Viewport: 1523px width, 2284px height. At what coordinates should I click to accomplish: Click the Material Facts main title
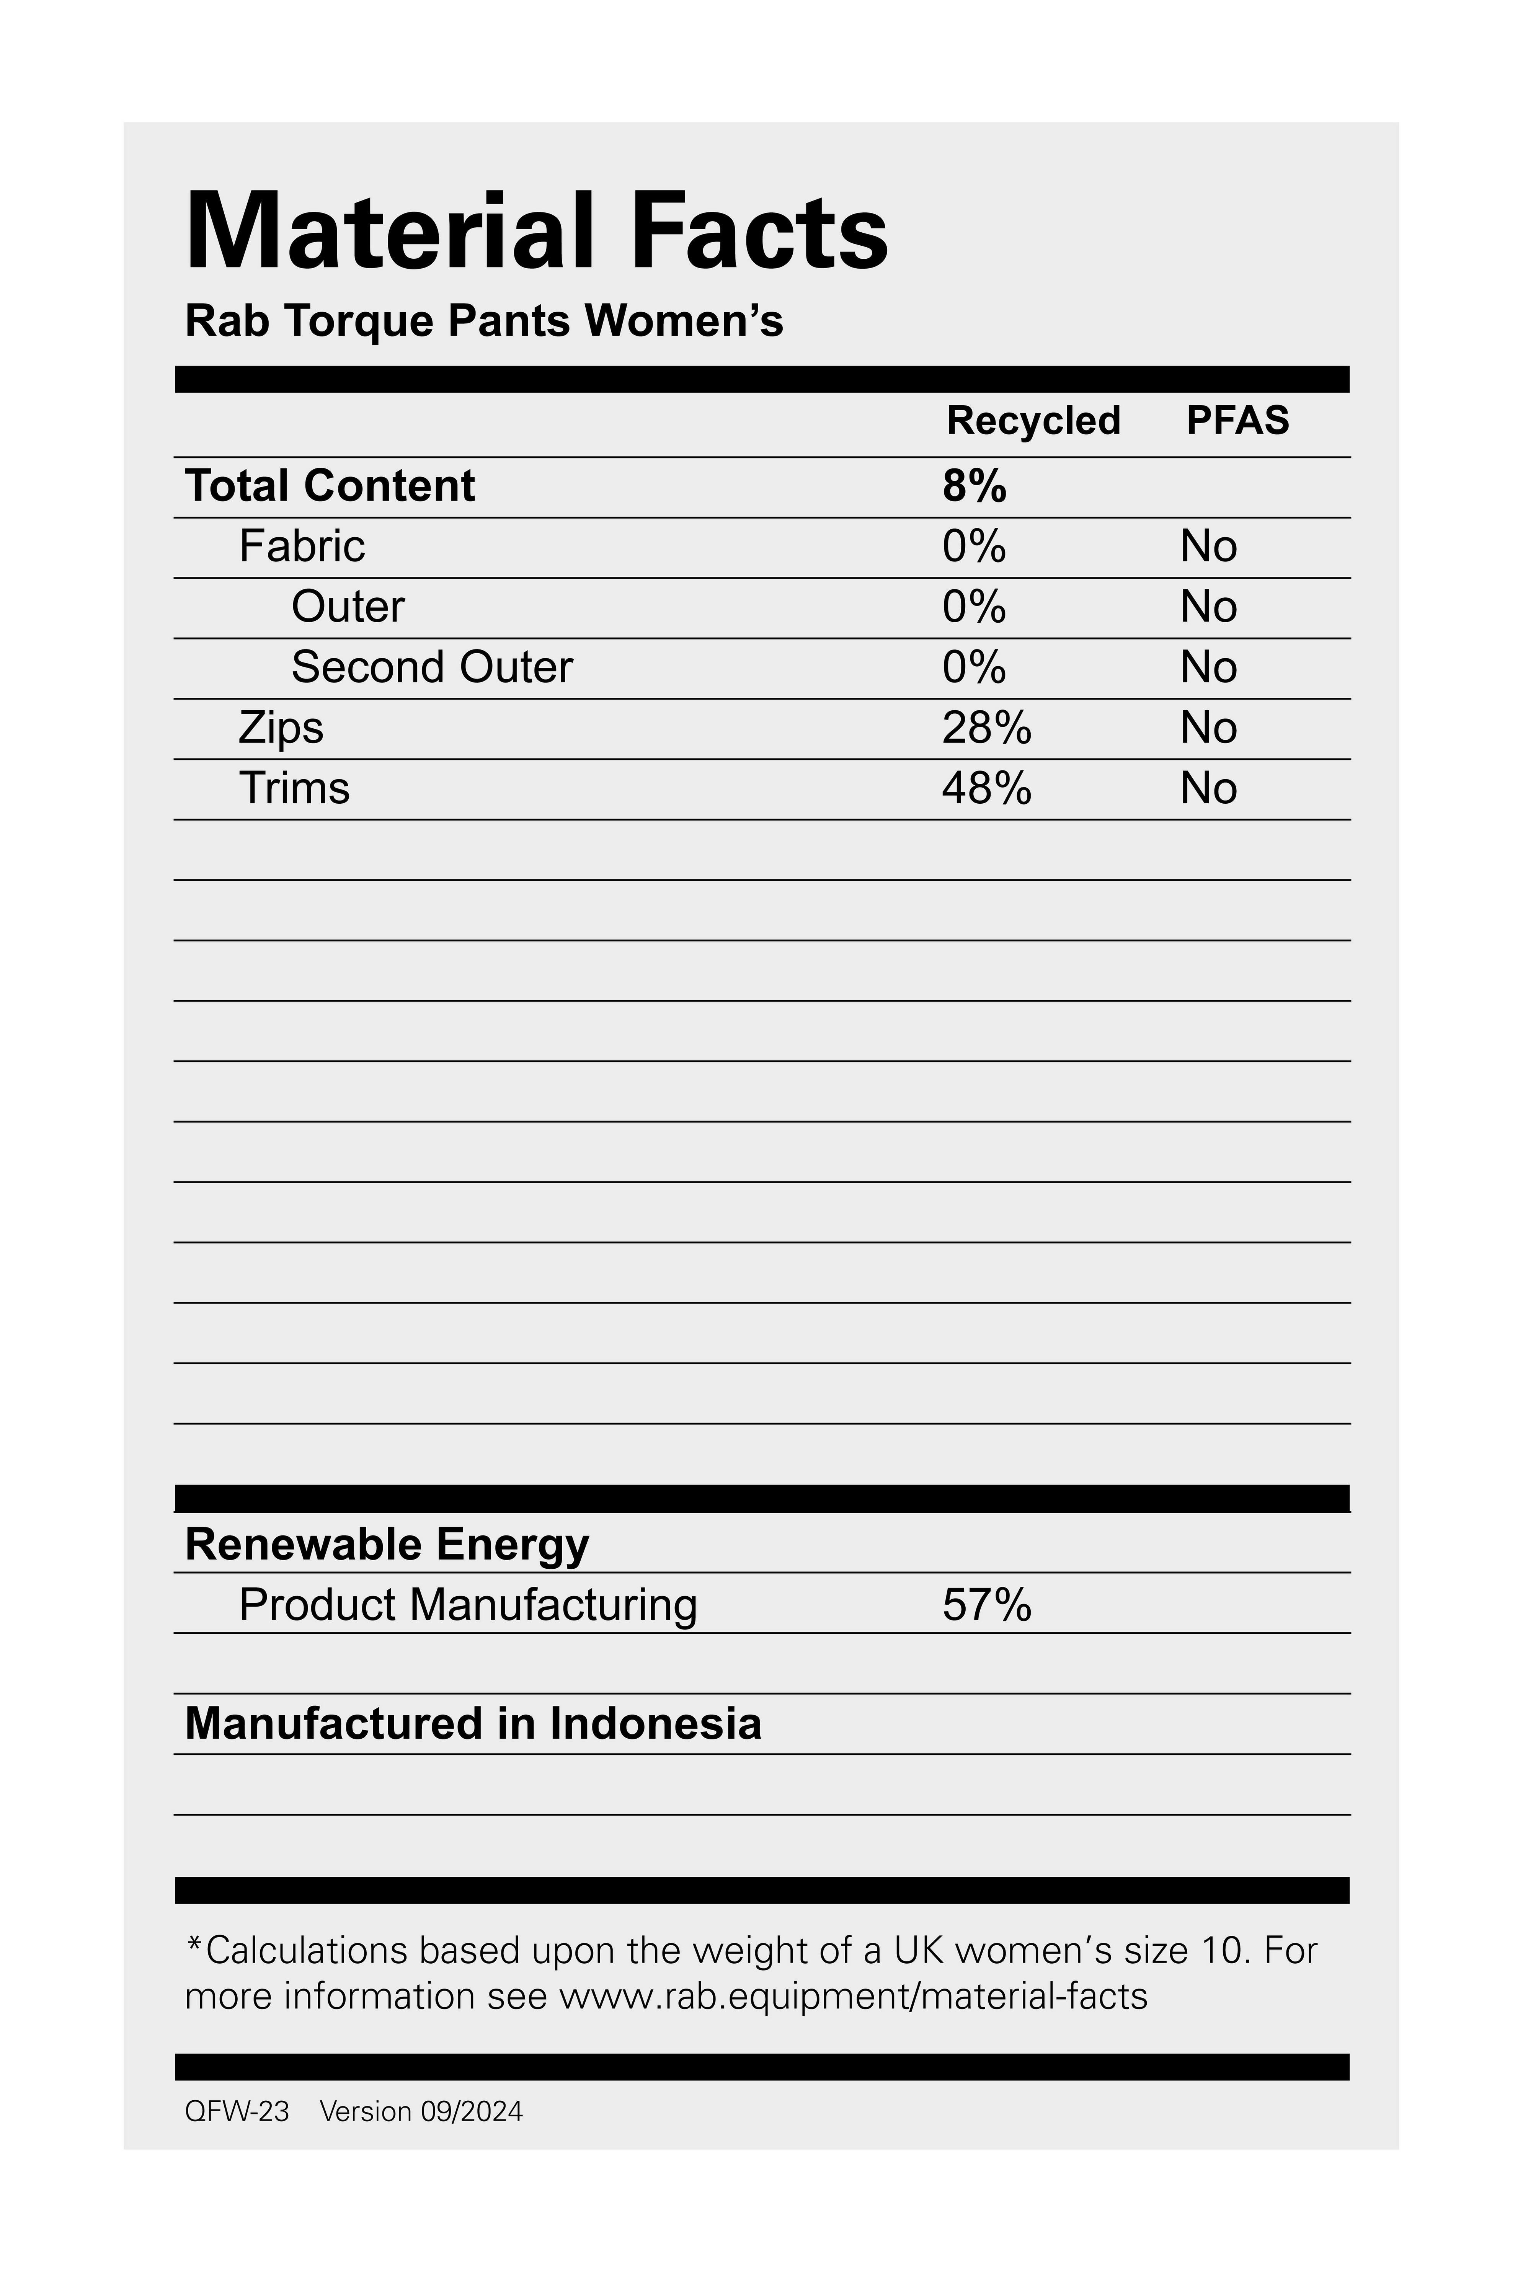(x=536, y=232)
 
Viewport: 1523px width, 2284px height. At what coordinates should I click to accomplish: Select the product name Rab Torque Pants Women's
(x=484, y=321)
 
